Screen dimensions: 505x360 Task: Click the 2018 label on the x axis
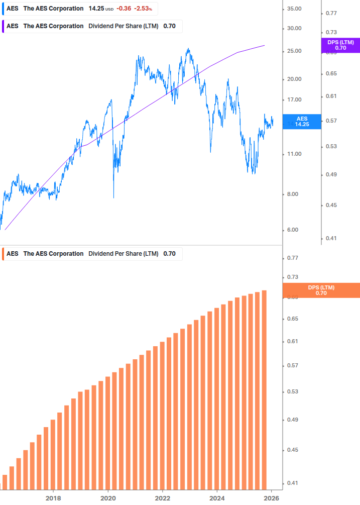pos(53,498)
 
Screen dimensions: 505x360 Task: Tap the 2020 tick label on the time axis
pos(108,498)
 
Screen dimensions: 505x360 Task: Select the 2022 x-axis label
pos(163,498)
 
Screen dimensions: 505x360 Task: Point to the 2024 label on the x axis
pos(217,498)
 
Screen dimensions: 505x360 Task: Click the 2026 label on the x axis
pos(272,498)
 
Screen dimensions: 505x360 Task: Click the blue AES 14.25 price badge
pos(301,122)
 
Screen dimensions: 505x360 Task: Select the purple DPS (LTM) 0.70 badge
pos(340,45)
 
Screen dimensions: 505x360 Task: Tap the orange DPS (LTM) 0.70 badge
pos(321,290)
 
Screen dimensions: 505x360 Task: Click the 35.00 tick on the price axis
pos(292,9)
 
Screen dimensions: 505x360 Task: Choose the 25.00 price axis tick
pos(292,51)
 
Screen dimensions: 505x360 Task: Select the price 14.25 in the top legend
pos(96,9)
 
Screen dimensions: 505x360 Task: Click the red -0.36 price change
pos(124,9)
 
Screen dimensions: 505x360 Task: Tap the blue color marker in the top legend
pos(3,9)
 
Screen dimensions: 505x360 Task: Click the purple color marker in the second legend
pos(3,26)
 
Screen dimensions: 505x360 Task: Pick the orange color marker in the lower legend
pos(3,254)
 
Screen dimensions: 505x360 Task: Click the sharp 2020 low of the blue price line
pos(113,197)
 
